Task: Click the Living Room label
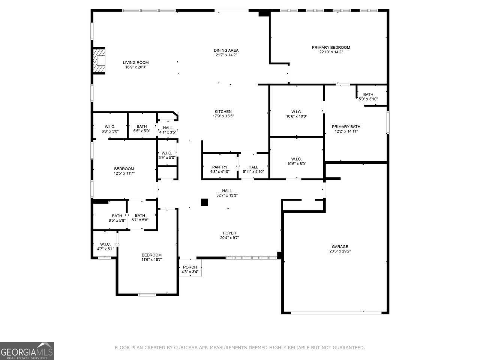point(136,63)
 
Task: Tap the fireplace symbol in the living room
point(100,61)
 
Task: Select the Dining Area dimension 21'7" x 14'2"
point(226,55)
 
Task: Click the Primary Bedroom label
point(331,48)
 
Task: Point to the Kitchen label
point(223,111)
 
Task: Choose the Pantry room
point(220,167)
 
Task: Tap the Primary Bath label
point(346,127)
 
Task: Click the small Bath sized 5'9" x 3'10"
point(368,94)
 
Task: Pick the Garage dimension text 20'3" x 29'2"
point(339,251)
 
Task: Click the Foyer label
point(230,233)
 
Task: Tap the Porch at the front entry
point(190,267)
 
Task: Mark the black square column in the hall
point(204,202)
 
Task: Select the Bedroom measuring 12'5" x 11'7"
point(124,169)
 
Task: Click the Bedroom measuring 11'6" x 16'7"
point(151,255)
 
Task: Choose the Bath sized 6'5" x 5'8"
point(117,216)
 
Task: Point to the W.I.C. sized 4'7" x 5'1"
point(105,244)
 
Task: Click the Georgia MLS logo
point(27,351)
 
